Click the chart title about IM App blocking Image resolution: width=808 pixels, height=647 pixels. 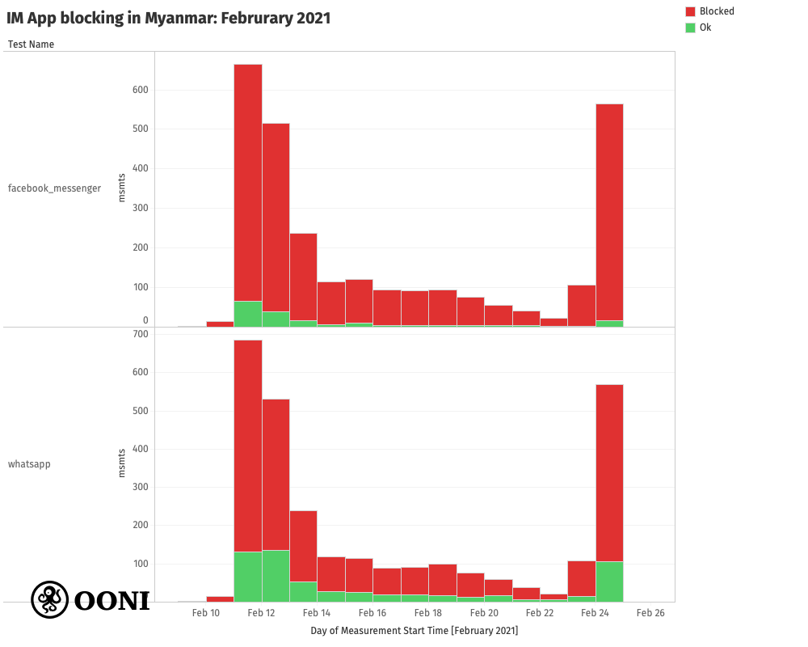tap(169, 18)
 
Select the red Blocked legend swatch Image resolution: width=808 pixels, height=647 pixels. tap(690, 11)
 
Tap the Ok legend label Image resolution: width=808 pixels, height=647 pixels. tap(705, 27)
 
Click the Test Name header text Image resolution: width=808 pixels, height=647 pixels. tap(31, 44)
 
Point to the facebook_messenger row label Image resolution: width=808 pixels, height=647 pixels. tap(54, 188)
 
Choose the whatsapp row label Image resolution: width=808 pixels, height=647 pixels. tap(29, 464)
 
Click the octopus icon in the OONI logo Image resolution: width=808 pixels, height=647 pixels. tap(49, 599)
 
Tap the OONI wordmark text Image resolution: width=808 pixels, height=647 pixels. tap(112, 601)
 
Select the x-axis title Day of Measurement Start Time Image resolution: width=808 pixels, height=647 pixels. tap(414, 631)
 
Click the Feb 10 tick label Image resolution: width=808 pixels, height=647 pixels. tap(205, 613)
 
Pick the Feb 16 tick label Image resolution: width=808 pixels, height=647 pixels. tap(372, 613)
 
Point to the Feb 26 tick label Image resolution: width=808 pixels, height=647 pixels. tap(650, 613)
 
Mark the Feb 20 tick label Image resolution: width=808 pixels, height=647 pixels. tap(484, 613)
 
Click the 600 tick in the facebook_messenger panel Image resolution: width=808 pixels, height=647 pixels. tap(141, 90)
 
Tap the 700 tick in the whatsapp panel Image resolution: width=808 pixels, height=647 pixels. tap(141, 334)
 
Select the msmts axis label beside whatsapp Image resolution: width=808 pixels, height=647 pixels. tap(122, 463)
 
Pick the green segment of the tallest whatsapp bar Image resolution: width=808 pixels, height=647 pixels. tap(248, 577)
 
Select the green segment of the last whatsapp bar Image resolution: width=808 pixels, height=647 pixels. tap(609, 581)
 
